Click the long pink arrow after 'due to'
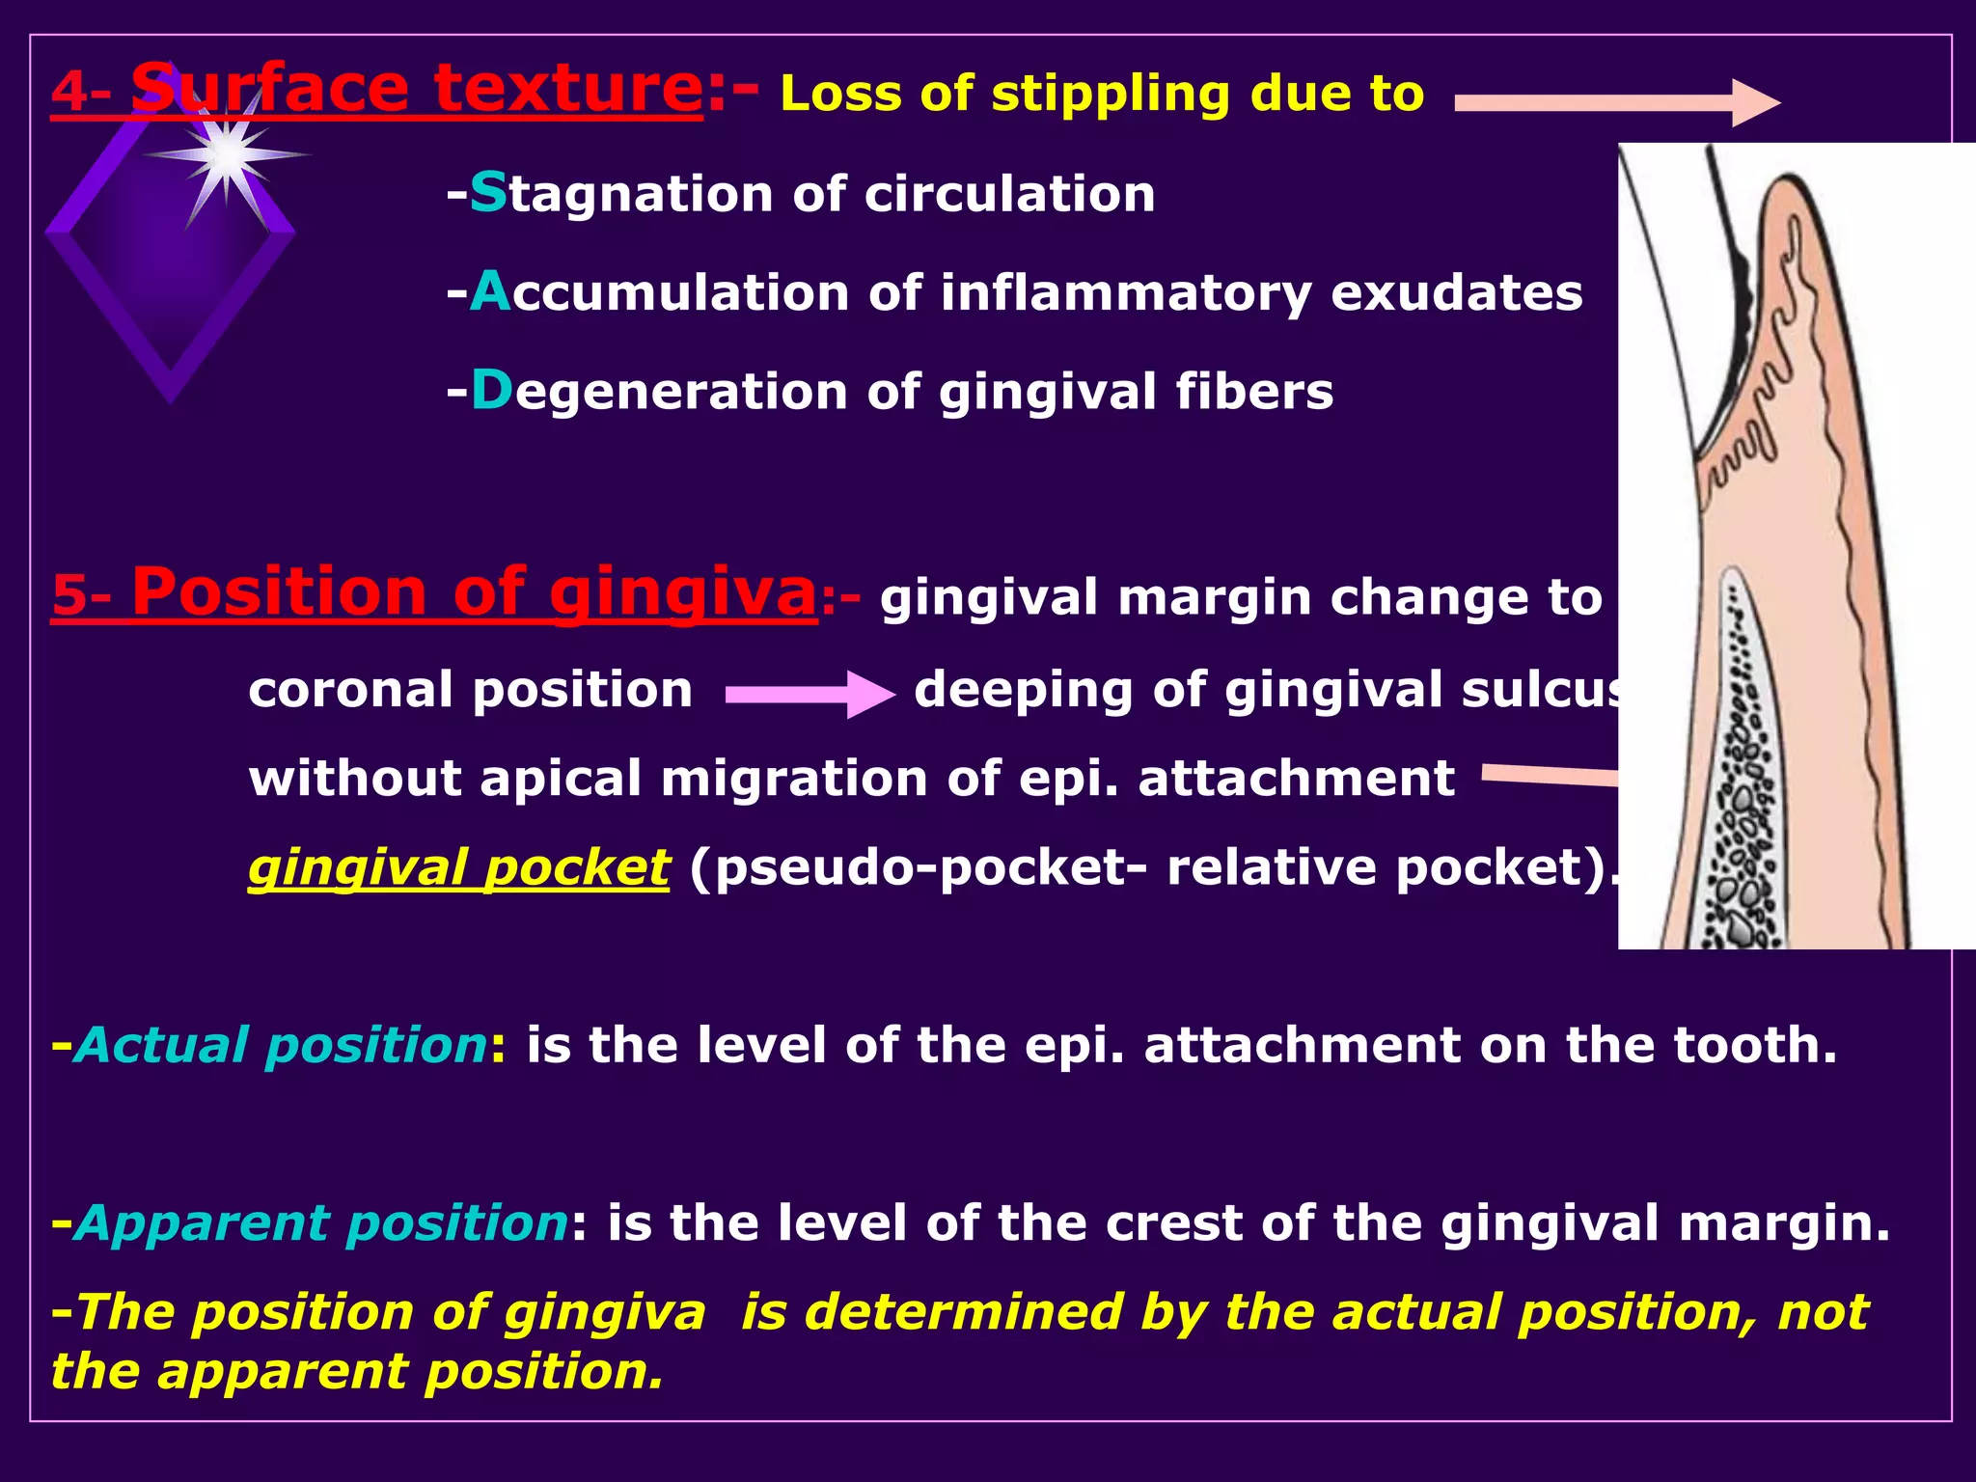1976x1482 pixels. pyautogui.click(x=1616, y=102)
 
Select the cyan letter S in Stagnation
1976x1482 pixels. pyautogui.click(x=488, y=192)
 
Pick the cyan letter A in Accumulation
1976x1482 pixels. pyautogui.click(x=490, y=291)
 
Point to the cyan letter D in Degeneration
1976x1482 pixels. pyautogui.click(x=491, y=391)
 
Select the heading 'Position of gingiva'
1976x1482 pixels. pyautogui.click(x=473, y=592)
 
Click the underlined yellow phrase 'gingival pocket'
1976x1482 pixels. pyautogui.click(x=458, y=867)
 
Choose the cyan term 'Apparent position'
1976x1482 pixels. pyautogui.click(x=321, y=1223)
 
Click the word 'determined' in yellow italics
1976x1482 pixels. pyautogui.click(x=963, y=1312)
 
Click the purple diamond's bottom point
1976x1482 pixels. pyautogui.click(x=171, y=398)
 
